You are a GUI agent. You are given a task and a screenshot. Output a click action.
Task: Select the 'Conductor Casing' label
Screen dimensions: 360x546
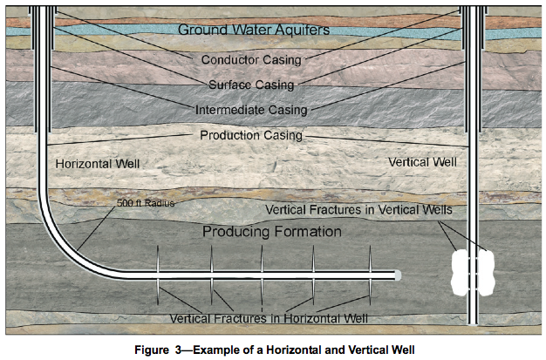(x=251, y=60)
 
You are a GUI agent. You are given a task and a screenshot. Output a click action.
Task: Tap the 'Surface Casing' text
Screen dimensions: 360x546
(x=251, y=85)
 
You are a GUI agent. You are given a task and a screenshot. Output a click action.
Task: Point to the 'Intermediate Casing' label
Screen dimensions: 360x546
(x=251, y=111)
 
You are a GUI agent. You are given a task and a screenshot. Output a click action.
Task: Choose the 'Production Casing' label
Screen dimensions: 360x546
(x=251, y=136)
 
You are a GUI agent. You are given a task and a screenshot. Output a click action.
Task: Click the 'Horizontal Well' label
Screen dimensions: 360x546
(x=97, y=163)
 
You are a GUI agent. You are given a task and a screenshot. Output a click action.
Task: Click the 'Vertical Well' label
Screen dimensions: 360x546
(x=422, y=162)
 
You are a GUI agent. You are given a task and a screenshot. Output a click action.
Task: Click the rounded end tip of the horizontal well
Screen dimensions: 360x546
(x=397, y=275)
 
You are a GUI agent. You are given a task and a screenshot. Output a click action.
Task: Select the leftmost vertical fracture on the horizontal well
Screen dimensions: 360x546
(x=158, y=275)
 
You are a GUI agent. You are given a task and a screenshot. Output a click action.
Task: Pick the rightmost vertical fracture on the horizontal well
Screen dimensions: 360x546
(x=370, y=275)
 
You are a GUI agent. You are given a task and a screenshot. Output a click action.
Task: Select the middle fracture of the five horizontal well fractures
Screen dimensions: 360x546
(x=263, y=275)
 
